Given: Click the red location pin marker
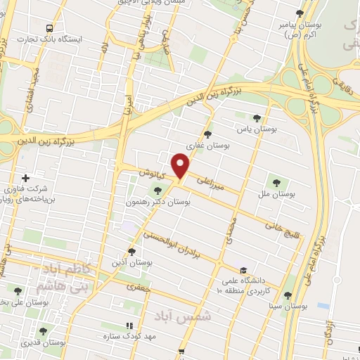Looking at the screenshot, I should [x=181, y=166].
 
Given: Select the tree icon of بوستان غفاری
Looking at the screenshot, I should [x=207, y=134].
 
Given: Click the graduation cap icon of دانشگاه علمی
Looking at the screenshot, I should [x=243, y=269].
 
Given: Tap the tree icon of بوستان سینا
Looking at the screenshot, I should [x=288, y=295].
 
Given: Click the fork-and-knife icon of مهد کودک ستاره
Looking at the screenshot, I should [x=128, y=326].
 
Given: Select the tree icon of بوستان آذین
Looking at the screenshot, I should [x=131, y=251].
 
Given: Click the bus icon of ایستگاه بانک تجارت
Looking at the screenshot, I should [x=49, y=28].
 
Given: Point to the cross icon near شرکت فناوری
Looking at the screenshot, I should [x=26, y=177].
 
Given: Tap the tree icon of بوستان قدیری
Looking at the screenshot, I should [x=43, y=330].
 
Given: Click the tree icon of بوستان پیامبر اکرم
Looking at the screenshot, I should [x=300, y=13].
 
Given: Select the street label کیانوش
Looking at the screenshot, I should [x=151, y=172].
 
